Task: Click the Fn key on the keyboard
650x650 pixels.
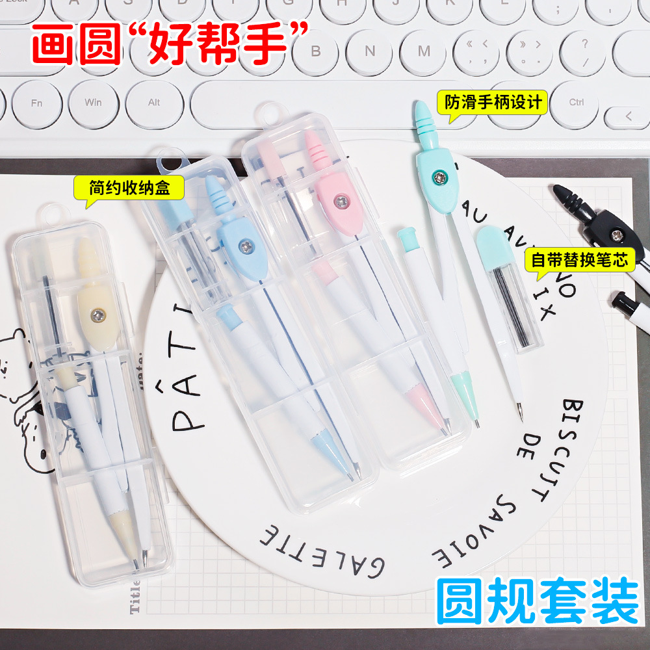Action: click(36, 103)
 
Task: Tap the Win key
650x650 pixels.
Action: click(93, 103)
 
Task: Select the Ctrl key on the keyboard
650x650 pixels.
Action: click(576, 102)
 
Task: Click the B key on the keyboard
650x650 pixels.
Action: click(317, 51)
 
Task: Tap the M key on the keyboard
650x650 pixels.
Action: click(424, 51)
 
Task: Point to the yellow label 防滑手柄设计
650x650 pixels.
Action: click(494, 103)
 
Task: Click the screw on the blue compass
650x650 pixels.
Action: click(246, 246)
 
